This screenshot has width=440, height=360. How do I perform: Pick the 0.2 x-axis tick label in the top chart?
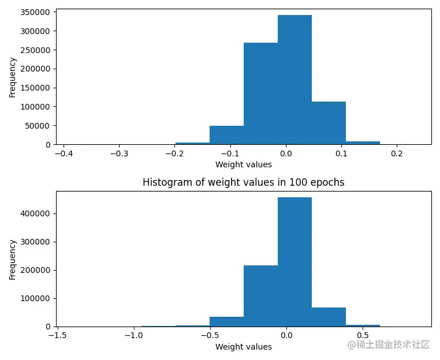tap(397, 155)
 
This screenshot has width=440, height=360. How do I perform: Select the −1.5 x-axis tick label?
tap(57, 336)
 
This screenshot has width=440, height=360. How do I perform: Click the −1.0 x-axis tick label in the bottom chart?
tap(134, 336)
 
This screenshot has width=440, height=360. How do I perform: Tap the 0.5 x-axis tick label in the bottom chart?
tap(362, 336)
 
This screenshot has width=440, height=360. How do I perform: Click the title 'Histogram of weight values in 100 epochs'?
tap(243, 182)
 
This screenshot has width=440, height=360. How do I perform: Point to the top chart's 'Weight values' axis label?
tap(243, 164)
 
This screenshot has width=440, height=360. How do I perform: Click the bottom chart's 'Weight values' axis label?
tap(243, 347)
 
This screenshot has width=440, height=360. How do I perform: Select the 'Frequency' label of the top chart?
tap(12, 76)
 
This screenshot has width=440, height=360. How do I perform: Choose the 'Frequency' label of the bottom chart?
tap(12, 260)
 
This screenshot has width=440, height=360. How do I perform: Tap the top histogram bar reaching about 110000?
tap(329, 123)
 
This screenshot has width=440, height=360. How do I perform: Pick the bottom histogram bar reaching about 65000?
tap(329, 317)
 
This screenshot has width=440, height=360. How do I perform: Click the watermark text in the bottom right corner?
tap(388, 344)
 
